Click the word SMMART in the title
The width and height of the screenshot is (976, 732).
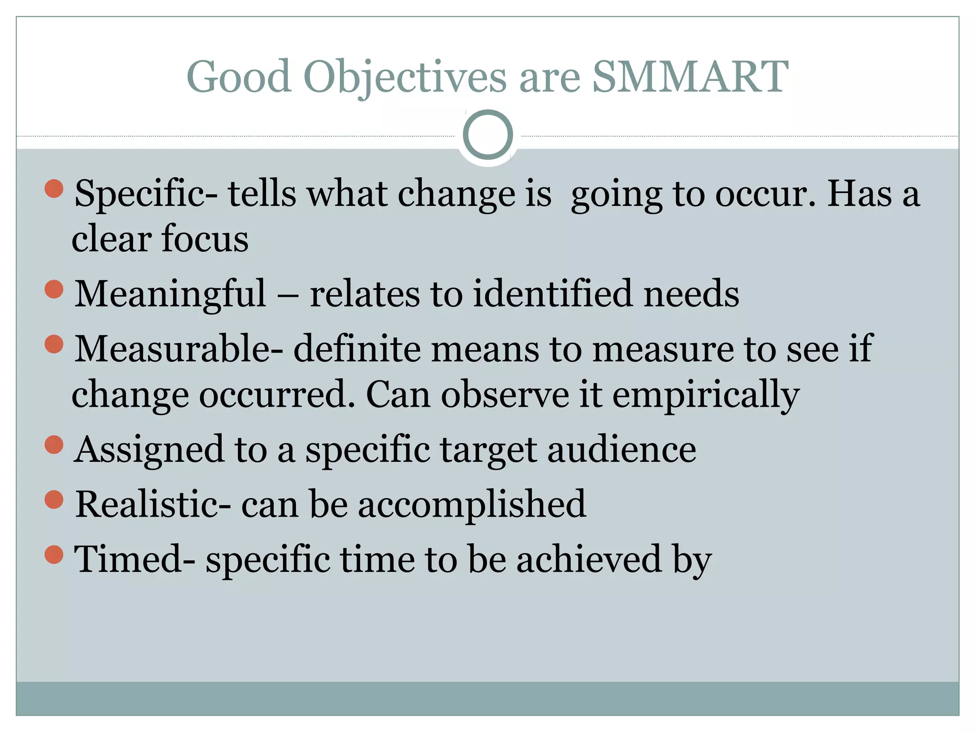690,76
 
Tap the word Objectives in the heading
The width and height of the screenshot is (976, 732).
405,76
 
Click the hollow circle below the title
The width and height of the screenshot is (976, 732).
488,135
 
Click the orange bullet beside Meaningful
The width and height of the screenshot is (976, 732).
54,289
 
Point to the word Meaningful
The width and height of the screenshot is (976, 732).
170,294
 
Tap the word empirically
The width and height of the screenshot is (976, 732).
705,395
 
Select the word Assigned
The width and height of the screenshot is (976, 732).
149,449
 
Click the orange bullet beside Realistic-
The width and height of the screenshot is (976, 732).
54,499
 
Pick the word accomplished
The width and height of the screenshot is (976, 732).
472,504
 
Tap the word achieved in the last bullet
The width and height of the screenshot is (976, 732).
589,559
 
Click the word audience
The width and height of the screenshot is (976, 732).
621,449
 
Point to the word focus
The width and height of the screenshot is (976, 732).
205,238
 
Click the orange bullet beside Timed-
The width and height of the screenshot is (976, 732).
54,554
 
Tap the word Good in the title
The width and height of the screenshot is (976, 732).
239,76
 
